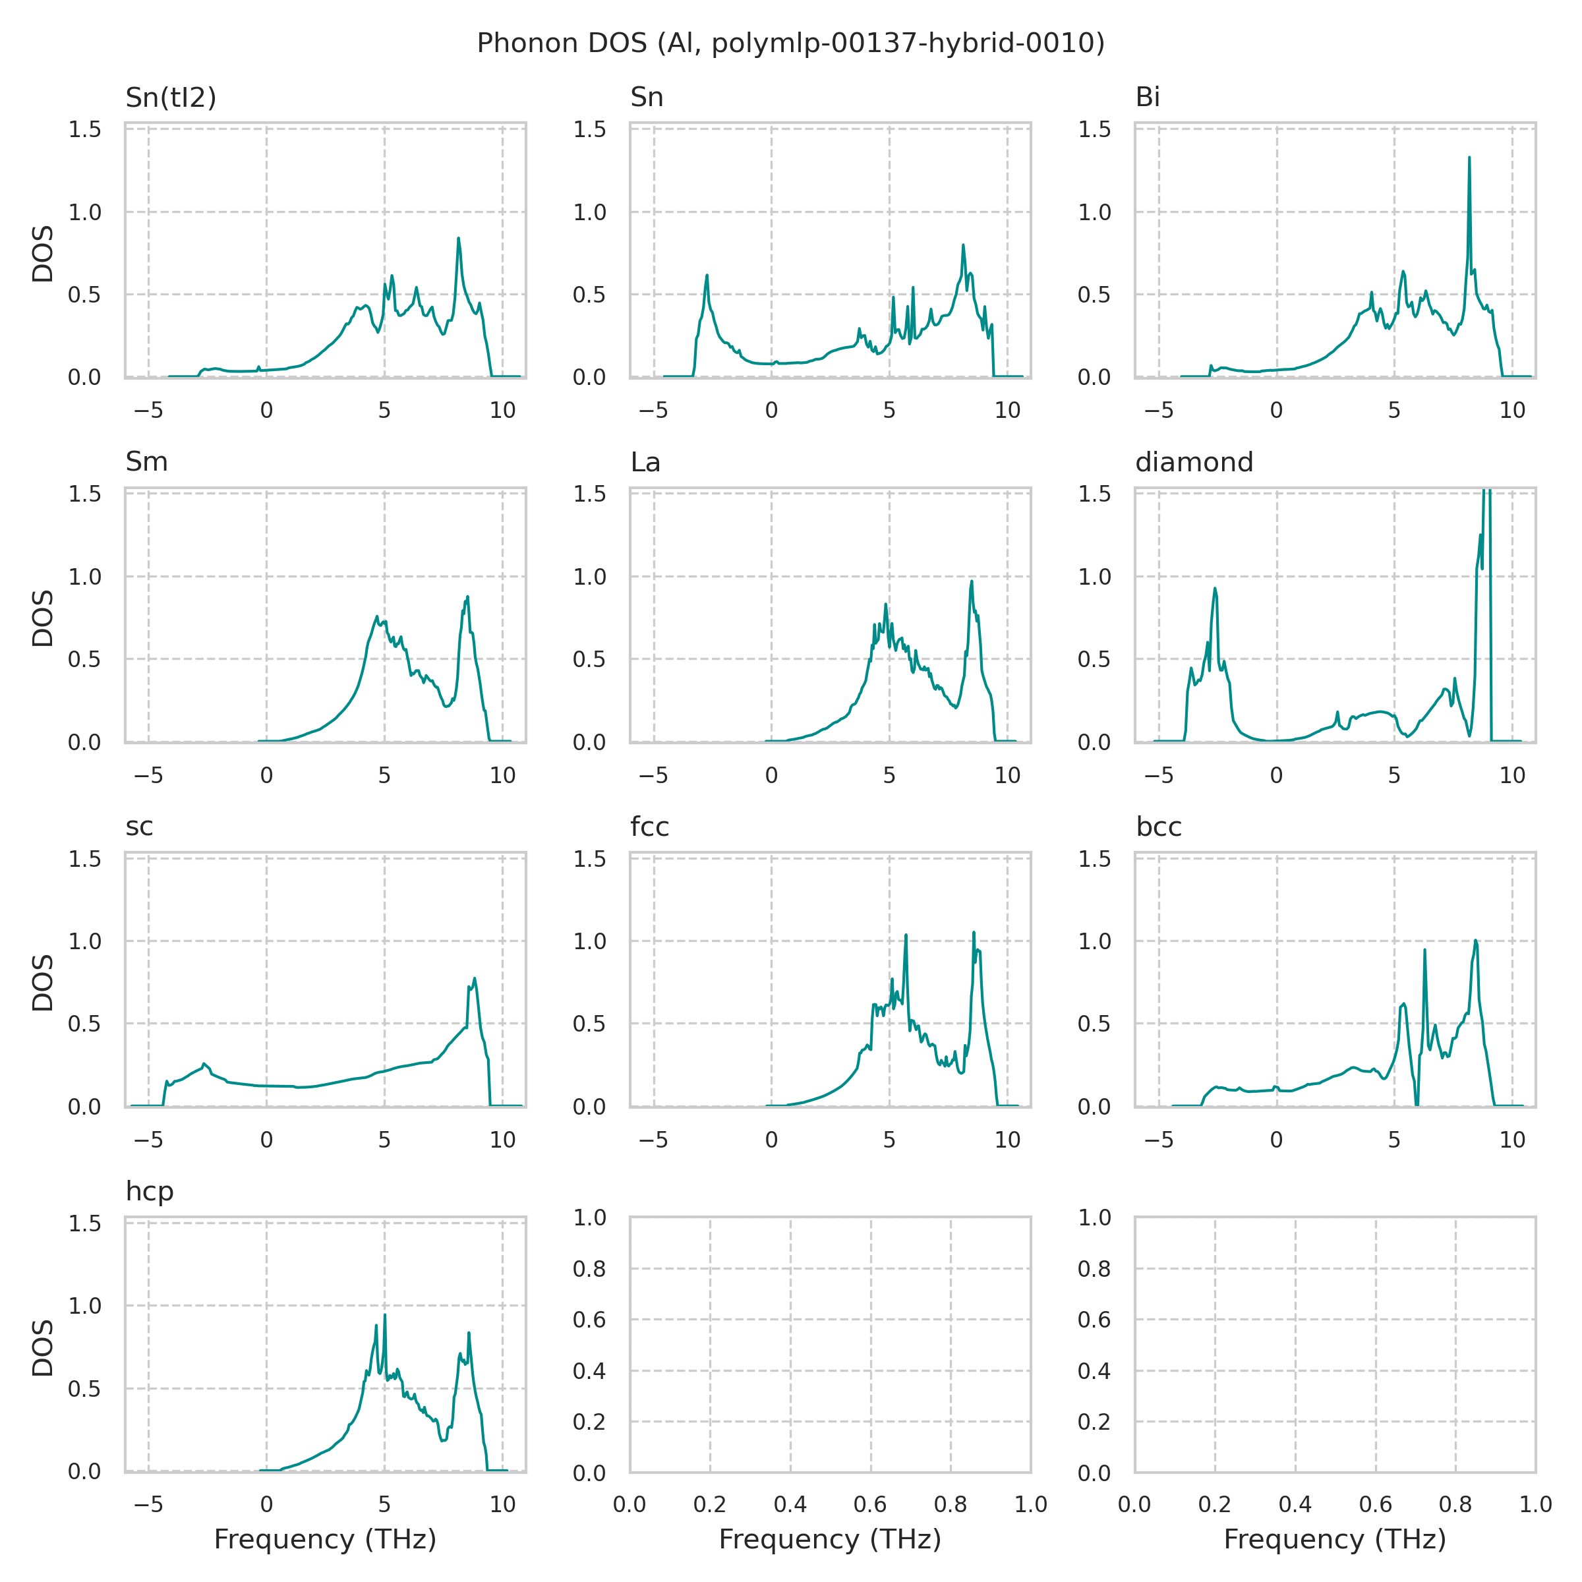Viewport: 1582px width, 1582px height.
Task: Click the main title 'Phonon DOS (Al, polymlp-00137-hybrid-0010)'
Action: (790, 43)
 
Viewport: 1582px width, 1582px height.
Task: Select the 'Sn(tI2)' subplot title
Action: (170, 98)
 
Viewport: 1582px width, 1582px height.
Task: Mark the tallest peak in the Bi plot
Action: (1469, 158)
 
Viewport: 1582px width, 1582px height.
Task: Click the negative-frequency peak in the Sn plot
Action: (707, 276)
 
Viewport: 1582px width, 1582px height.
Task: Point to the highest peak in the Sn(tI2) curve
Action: (459, 239)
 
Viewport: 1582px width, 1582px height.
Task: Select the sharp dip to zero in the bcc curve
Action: (1417, 1104)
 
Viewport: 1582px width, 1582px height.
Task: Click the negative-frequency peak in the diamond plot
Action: (1215, 589)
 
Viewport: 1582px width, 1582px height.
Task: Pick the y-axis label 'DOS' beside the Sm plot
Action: (43, 618)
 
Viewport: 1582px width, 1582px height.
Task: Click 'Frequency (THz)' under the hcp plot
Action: (325, 1538)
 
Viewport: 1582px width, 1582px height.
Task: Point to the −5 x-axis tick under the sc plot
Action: (148, 1139)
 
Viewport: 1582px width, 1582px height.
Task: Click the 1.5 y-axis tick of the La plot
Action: (589, 494)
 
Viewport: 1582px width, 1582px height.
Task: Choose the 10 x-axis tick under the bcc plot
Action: (1512, 1139)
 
